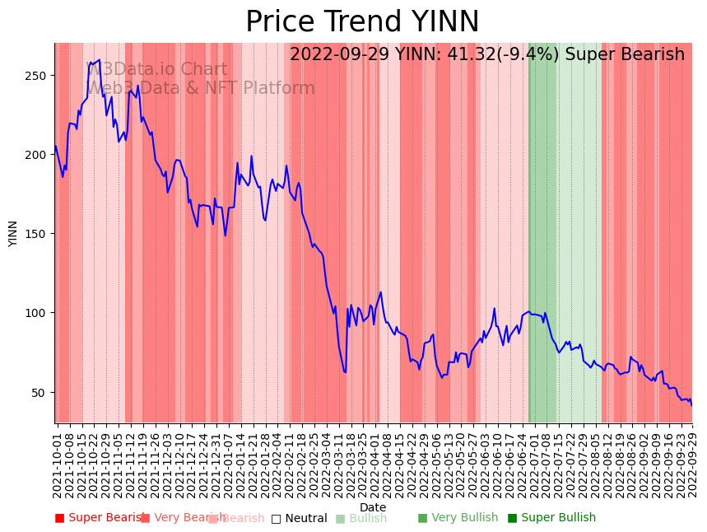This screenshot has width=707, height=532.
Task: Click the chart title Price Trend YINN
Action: (362, 22)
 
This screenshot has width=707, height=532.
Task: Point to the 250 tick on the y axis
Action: (40, 76)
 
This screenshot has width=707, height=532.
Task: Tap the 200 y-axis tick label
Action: (40, 155)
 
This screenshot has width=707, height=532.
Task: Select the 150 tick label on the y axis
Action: (40, 234)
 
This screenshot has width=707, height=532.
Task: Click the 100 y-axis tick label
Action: (40, 313)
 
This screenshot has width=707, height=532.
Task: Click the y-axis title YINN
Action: (13, 233)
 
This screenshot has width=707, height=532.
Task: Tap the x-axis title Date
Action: (373, 507)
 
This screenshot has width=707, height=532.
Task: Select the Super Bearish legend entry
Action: (99, 518)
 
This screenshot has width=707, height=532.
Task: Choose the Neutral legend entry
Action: (299, 518)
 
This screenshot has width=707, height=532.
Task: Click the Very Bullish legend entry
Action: (458, 518)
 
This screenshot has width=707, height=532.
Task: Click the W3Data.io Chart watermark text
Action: (156, 70)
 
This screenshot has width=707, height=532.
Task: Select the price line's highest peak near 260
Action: (100, 60)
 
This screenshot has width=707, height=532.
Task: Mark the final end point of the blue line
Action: (691, 405)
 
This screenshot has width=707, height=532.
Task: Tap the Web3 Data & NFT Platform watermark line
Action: (201, 88)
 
